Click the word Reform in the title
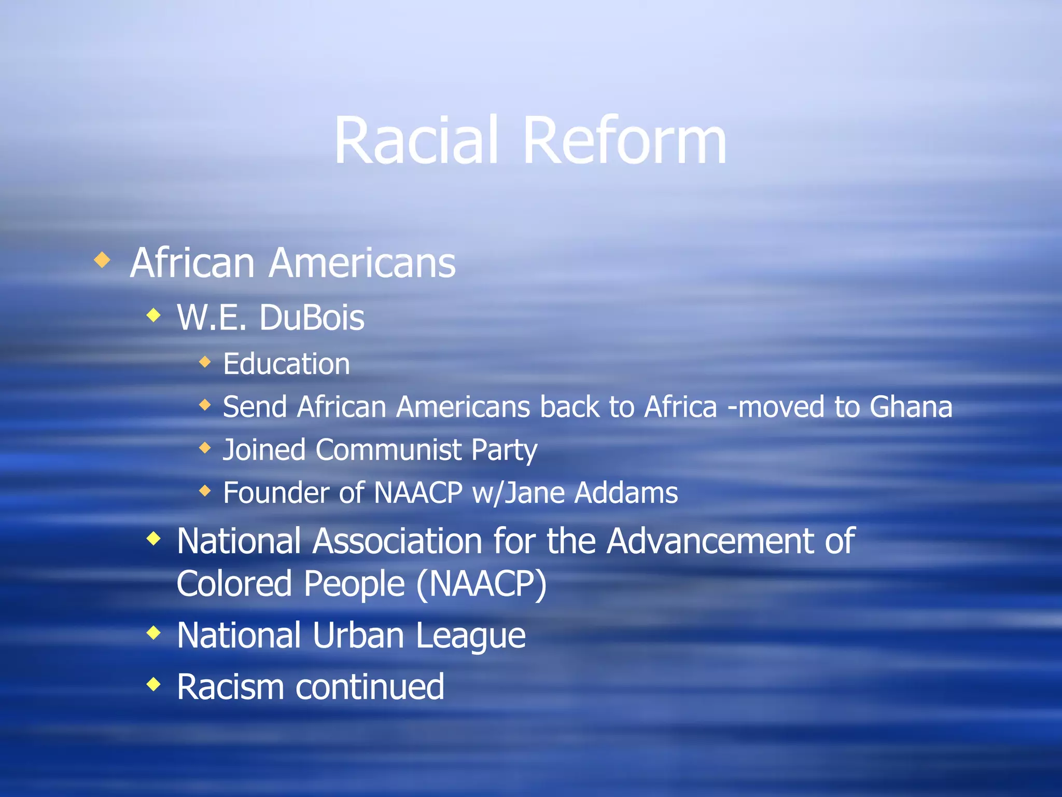point(624,141)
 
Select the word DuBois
point(312,318)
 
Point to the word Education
point(286,364)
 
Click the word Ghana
point(911,407)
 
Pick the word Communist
point(388,449)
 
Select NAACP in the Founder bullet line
point(417,492)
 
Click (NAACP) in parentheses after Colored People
point(481,584)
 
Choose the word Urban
point(358,635)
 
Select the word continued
point(370,687)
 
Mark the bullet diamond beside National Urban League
point(153,633)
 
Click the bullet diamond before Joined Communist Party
point(205,447)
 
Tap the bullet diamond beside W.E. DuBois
point(153,315)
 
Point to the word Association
point(398,541)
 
